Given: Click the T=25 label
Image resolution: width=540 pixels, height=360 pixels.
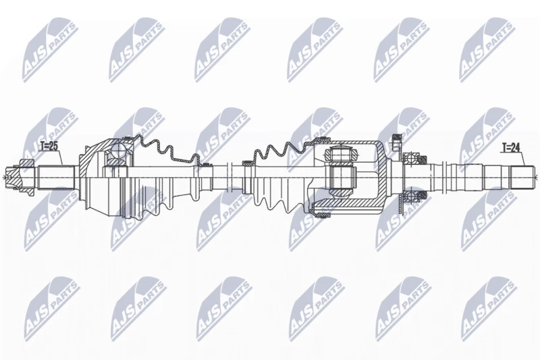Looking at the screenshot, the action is click(48, 147).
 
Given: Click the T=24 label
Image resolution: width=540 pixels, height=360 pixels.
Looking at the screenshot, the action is click(510, 148).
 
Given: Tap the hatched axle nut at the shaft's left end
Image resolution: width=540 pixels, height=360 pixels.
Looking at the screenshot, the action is click(26, 166).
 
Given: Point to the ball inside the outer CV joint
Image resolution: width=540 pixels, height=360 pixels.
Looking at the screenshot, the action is click(117, 150).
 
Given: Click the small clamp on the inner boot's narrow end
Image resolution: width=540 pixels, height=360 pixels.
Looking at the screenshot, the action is click(247, 163).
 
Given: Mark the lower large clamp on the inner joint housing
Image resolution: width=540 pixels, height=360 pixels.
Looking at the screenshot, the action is click(322, 215).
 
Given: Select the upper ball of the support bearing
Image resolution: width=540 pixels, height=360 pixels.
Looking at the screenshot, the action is click(410, 159).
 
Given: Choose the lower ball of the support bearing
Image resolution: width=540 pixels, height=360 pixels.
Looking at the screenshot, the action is click(410, 197).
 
